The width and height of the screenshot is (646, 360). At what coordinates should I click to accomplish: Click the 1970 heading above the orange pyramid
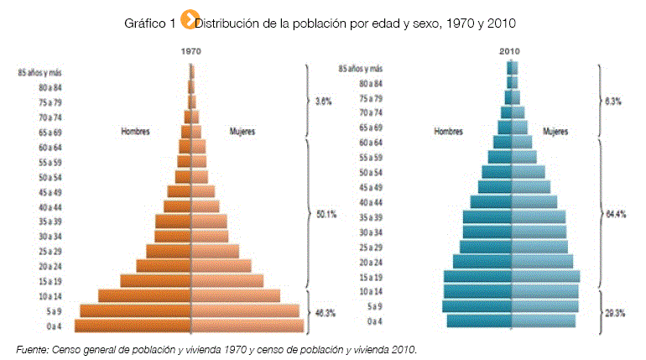coord(192,50)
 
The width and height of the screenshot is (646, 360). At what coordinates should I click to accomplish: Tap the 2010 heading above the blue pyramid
coord(510,51)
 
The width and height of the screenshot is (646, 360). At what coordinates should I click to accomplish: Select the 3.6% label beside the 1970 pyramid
coord(323,101)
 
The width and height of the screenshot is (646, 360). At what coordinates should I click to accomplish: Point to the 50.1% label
coord(326,214)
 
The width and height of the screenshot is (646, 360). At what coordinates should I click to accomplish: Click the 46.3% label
coord(325,313)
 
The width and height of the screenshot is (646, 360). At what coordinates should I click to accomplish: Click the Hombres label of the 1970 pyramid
coord(136,131)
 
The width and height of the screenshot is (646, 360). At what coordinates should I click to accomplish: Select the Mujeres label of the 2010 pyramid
coord(555,131)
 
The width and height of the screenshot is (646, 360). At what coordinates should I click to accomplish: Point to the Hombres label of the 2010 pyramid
coord(450,131)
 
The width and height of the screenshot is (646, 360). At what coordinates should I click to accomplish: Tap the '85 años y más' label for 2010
coord(361,69)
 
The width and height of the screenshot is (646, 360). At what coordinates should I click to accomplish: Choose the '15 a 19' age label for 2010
coord(371,276)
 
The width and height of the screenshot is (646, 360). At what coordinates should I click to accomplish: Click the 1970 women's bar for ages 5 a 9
coord(245,311)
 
